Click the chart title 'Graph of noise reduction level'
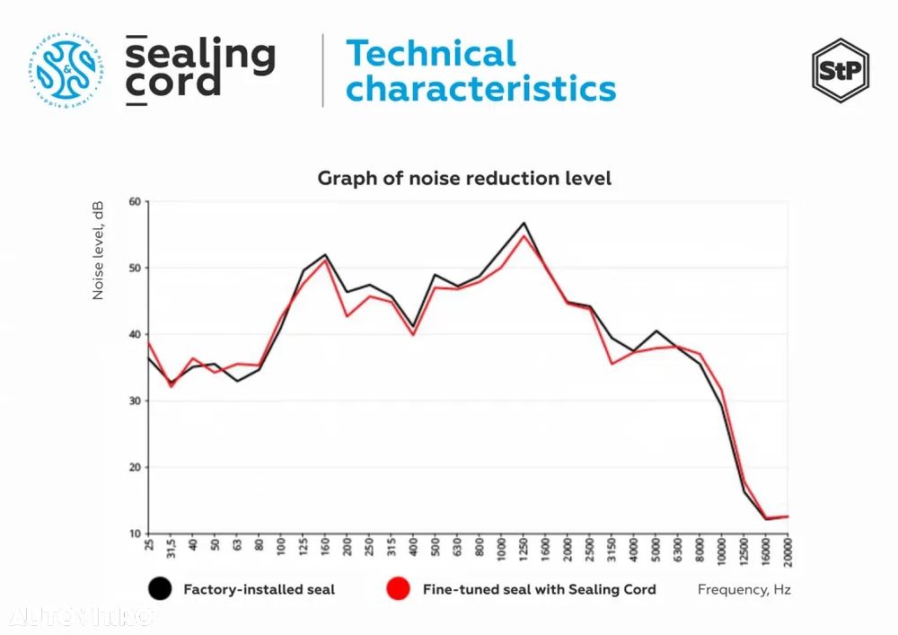click(x=464, y=178)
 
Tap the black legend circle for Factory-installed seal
click(x=159, y=589)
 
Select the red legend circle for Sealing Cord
click(x=398, y=589)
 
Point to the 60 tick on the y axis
click(x=136, y=201)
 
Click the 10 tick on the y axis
click(x=136, y=534)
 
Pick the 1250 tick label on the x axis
click(x=524, y=548)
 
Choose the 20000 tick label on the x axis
click(x=788, y=551)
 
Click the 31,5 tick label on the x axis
click(x=171, y=548)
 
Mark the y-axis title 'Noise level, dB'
click(x=99, y=251)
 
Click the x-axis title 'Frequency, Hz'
click(x=744, y=590)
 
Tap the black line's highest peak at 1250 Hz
click(x=524, y=223)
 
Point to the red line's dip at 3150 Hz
click(x=612, y=363)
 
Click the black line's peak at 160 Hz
click(x=324, y=255)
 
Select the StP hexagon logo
click(x=840, y=70)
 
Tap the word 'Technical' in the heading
click(x=431, y=54)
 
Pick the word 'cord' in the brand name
click(x=172, y=84)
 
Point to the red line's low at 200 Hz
click(x=347, y=316)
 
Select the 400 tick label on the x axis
click(x=413, y=546)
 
